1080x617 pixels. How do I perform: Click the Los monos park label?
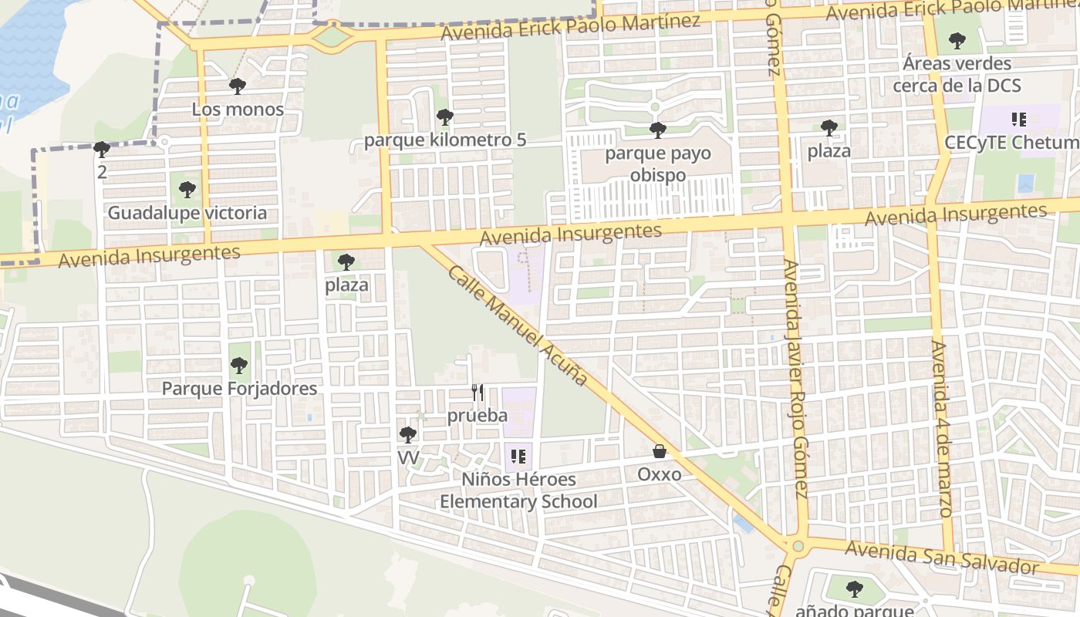pos(238,110)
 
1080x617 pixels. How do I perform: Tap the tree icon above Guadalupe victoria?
pos(187,189)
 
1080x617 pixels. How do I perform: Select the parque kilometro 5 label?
pos(445,140)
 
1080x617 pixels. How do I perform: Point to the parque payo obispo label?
pos(657,164)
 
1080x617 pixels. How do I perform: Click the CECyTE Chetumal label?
pos(1011,143)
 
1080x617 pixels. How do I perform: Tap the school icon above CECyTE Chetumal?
pos(1018,120)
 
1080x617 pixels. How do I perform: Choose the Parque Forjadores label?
pos(239,388)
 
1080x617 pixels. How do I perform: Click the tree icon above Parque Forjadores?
pos(239,365)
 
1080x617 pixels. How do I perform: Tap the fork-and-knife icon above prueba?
pos(478,393)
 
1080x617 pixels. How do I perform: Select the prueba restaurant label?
pos(478,416)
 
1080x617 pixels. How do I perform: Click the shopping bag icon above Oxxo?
pos(660,451)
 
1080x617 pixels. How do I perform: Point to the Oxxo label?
pos(660,474)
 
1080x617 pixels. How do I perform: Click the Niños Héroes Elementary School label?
pos(518,491)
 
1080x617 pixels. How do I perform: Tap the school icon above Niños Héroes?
pos(518,457)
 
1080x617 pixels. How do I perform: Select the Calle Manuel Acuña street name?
pos(518,326)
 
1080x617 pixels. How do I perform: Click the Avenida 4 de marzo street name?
pos(941,429)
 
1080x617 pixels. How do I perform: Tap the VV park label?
pos(408,458)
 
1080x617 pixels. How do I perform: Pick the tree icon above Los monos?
pos(238,86)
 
